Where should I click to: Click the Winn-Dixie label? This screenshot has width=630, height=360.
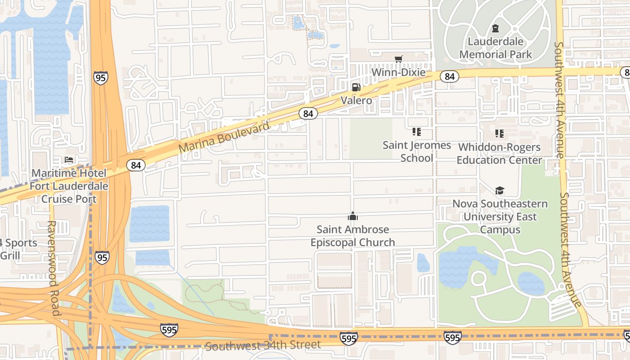pos(398,72)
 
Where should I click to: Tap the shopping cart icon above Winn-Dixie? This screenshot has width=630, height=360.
pos(398,59)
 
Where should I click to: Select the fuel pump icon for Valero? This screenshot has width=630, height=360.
pos(356,87)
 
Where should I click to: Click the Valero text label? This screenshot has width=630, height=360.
pos(356,100)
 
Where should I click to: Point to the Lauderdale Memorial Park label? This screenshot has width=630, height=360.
pos(495,48)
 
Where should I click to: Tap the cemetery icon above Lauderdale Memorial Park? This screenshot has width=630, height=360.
pos(495,28)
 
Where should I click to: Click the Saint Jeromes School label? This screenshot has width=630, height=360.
pos(417,151)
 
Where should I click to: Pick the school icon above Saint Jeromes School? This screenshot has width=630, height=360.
pos(417,132)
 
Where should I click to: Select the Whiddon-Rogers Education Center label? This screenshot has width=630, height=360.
pos(499,153)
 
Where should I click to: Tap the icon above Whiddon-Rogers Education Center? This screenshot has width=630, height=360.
pos(499,134)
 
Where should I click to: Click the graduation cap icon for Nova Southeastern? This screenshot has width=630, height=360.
pos(499,191)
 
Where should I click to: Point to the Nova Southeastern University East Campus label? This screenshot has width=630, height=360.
pos(500,216)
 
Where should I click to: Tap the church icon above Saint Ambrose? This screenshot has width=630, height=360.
pos(353,216)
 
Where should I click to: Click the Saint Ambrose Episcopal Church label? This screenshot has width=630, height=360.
pos(353,236)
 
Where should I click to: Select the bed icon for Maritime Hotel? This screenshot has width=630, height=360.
pos(68,160)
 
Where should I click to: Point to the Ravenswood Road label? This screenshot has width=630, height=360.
pos(52,268)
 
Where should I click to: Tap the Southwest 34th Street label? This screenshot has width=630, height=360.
pos(263,346)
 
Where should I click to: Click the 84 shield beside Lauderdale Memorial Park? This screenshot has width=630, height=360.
pos(449,76)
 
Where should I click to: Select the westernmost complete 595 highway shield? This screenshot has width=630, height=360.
pos(169,330)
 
